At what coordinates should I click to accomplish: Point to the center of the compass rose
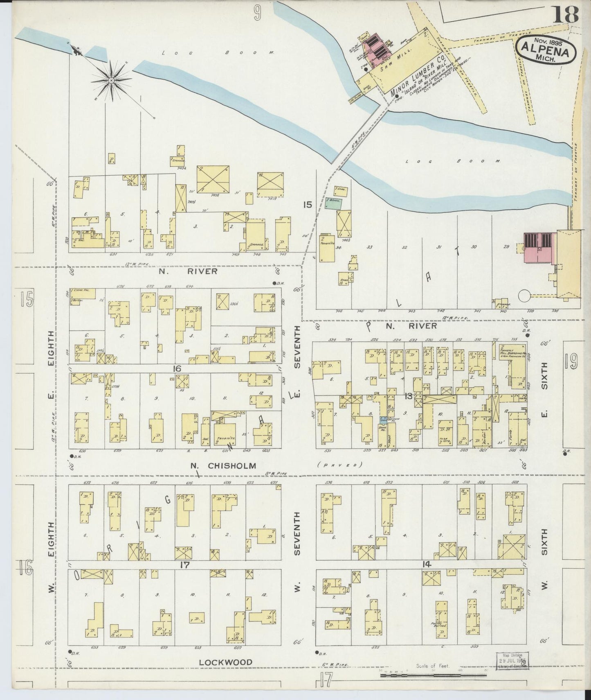point(111,81)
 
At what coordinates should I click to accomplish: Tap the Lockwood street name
point(226,662)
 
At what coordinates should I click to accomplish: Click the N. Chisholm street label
point(223,465)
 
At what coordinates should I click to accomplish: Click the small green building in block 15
point(333,203)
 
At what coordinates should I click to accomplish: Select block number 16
point(177,369)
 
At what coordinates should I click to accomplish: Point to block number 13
point(408,395)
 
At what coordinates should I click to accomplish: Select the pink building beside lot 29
point(538,248)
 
